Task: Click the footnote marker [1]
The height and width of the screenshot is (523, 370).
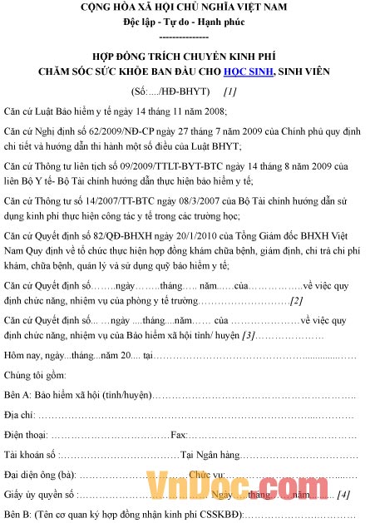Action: pos(230,91)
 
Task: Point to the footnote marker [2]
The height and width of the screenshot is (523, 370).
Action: pos(296,300)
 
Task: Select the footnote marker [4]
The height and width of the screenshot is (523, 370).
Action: pos(343,494)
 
